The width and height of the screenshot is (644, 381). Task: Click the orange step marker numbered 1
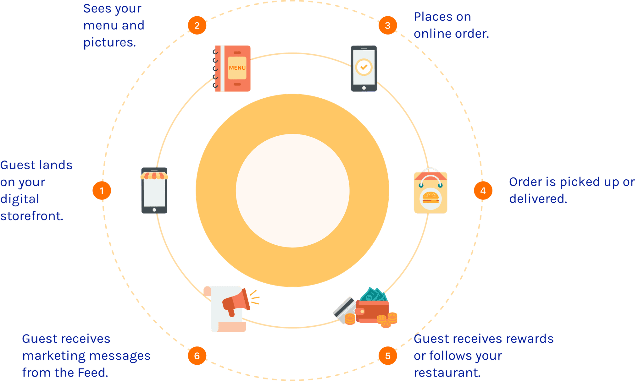coord(102,190)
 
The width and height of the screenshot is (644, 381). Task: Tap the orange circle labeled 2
coord(197,25)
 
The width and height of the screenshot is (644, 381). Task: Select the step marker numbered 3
coord(387,25)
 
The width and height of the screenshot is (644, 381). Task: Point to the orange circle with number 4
coord(483,190)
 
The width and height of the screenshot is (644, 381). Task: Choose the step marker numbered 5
coord(387,356)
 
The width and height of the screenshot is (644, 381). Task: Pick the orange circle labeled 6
coord(197,356)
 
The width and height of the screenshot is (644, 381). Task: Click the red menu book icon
coord(233,68)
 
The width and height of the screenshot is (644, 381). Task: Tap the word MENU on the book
coord(237,68)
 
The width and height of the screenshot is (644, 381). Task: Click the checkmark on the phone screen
coord(364,67)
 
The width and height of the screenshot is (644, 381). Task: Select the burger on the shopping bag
coord(430,198)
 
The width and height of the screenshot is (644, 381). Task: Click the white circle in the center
coord(292,191)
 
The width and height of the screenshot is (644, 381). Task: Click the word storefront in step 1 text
coord(32,216)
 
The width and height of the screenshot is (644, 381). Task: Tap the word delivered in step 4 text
coord(538,199)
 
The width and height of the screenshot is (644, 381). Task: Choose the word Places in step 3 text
coord(442,17)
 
